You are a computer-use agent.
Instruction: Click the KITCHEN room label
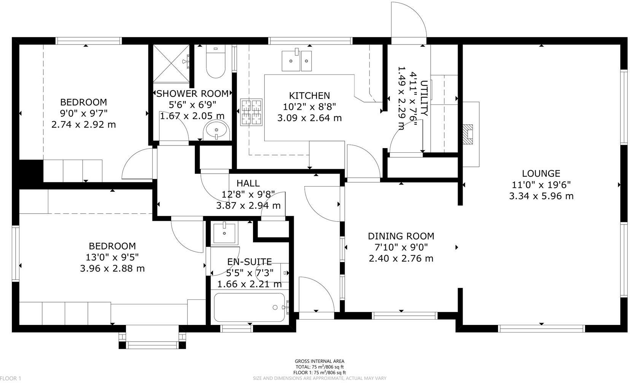tap(309, 95)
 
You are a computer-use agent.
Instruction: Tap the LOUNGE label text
tap(541, 174)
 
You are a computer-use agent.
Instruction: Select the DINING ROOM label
tap(401, 236)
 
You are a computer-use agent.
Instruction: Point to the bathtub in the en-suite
tap(249, 307)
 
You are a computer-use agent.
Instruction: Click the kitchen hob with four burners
tap(251, 112)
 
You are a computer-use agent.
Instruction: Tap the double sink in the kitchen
tap(297, 61)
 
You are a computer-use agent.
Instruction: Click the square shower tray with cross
tap(171, 63)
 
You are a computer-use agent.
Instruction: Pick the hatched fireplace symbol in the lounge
tap(468, 134)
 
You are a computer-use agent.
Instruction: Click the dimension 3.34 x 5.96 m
tap(541, 196)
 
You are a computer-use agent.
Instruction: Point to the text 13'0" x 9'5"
tap(112, 257)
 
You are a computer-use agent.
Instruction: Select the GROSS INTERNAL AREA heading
tap(320, 361)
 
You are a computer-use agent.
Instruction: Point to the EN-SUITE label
tap(250, 261)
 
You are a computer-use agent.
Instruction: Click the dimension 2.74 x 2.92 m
tap(84, 124)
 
